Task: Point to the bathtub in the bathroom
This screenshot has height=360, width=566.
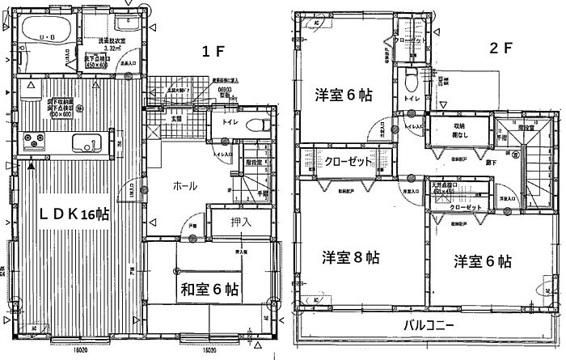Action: click(x=47, y=30)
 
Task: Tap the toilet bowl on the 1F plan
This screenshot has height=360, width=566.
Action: click(x=258, y=125)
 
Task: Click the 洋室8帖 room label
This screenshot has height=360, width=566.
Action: click(x=347, y=261)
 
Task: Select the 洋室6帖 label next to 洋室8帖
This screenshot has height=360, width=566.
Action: click(x=482, y=261)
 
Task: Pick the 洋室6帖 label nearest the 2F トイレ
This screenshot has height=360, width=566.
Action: click(x=342, y=95)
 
